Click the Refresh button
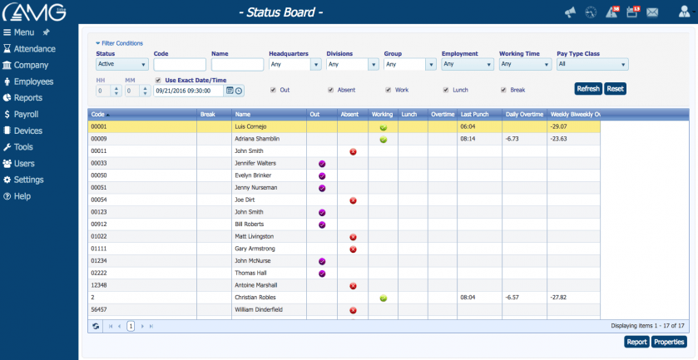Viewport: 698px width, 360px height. [x=588, y=89]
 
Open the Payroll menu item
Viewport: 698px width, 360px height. [x=26, y=115]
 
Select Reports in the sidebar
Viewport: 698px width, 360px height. [x=27, y=98]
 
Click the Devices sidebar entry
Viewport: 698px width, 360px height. [x=27, y=131]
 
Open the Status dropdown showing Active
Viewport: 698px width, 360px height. [x=122, y=64]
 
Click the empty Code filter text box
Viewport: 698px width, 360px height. [x=180, y=64]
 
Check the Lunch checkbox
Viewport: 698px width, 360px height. [x=445, y=90]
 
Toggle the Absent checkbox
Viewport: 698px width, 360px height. [x=331, y=90]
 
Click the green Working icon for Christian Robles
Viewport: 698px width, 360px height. [x=384, y=297]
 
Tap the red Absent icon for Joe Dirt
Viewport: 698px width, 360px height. [x=353, y=200]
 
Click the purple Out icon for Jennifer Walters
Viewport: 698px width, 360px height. [x=322, y=164]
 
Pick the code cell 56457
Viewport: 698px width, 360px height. [x=101, y=309]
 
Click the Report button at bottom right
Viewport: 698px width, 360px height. [x=636, y=342]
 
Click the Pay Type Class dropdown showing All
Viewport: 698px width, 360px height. [x=592, y=64]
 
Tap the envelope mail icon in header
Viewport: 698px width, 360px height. [x=652, y=12]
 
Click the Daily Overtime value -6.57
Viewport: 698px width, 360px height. [x=513, y=297]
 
